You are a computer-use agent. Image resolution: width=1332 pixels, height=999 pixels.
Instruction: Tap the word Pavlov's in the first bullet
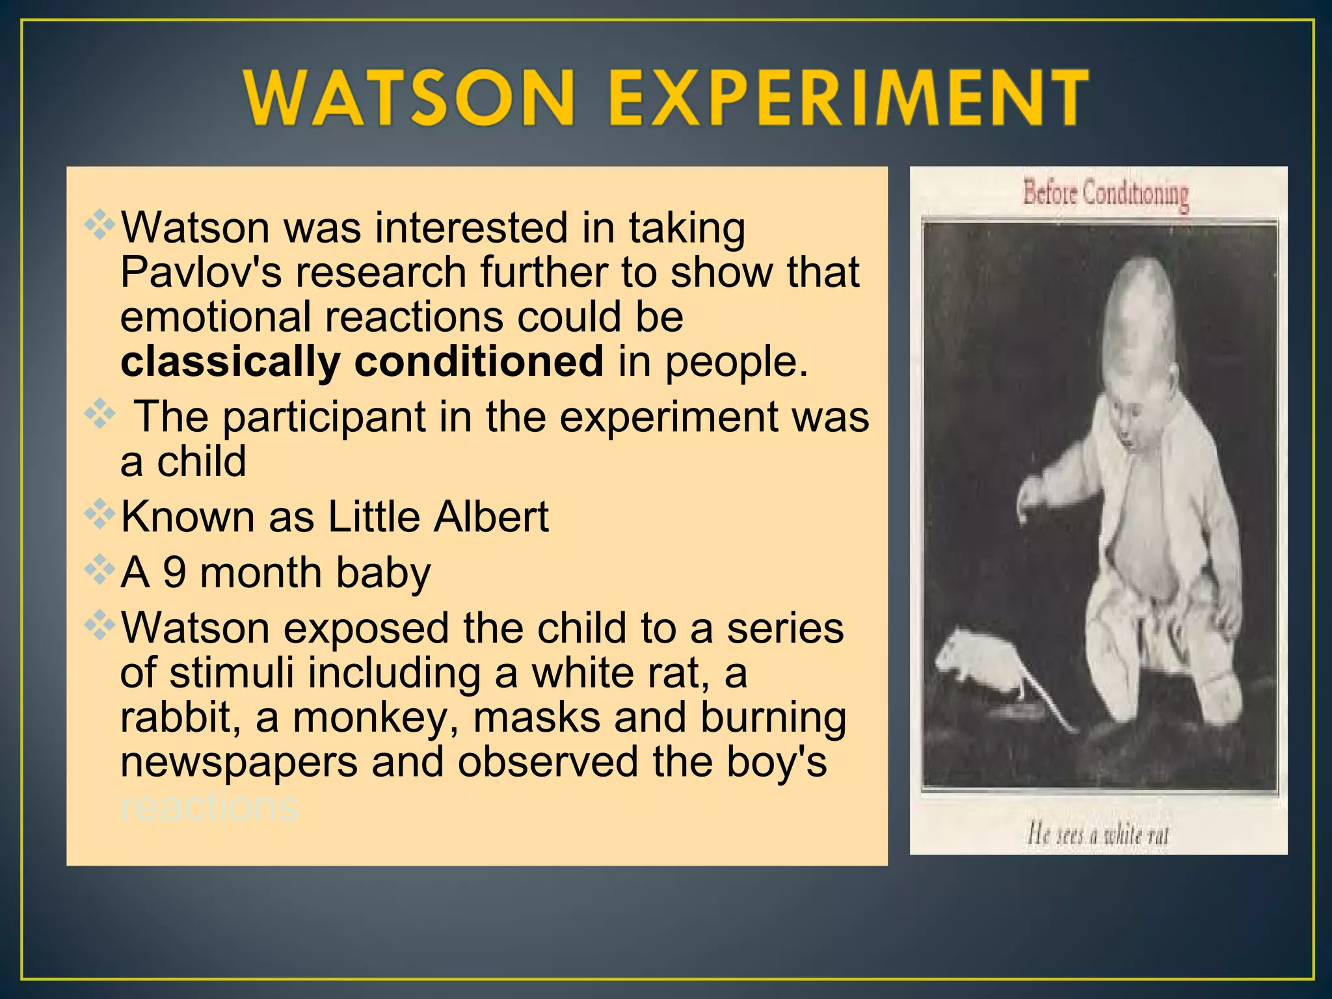[200, 272]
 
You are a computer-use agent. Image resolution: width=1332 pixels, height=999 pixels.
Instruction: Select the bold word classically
[230, 362]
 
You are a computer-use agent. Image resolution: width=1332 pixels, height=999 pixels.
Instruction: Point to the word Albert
[491, 517]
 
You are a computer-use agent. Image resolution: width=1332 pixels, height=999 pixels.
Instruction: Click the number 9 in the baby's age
[174, 573]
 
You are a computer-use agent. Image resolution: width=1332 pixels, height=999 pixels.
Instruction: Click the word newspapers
[239, 762]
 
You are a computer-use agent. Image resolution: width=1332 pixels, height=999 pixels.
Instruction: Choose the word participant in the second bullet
[323, 418]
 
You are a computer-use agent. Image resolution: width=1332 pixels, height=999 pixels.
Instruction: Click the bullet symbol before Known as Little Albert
[100, 514]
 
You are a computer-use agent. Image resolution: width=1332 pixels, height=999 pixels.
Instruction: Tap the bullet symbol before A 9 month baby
[100, 570]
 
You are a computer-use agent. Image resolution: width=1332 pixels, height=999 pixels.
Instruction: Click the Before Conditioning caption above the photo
[1106, 194]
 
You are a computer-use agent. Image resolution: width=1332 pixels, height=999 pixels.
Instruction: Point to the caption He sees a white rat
[1098, 834]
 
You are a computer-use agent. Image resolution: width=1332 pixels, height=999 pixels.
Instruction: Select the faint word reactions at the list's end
[209, 806]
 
